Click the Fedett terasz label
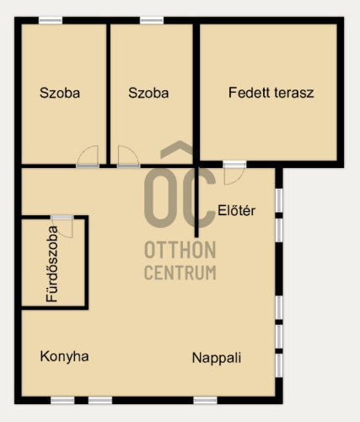271,93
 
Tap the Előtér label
237,210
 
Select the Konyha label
64,357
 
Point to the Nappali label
217,358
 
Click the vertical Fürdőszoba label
52,264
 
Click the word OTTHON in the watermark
180,250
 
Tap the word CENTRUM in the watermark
180,273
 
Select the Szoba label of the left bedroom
60,93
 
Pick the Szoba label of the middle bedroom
148,93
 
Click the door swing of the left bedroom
88,155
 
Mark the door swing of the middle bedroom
128,155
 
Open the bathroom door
62,227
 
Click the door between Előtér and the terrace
234,173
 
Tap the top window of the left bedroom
51,20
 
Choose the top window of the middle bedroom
152,20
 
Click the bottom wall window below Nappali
205,400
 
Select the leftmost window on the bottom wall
62,400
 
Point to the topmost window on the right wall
279,200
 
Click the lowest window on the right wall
279,365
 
